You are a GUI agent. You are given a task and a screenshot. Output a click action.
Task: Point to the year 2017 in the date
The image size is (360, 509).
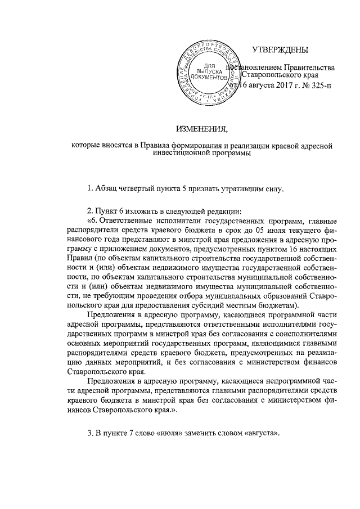276,85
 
